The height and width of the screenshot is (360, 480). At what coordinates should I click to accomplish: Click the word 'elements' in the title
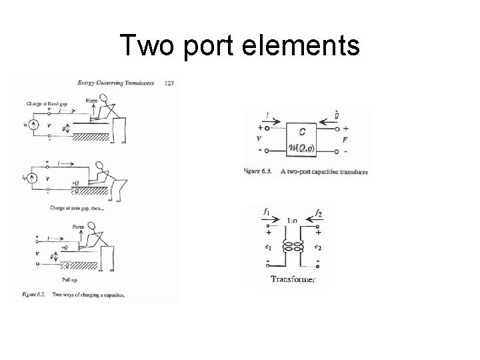306,46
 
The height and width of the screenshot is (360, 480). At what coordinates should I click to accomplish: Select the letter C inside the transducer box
303,131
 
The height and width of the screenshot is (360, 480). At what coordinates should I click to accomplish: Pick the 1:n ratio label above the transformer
291,221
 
